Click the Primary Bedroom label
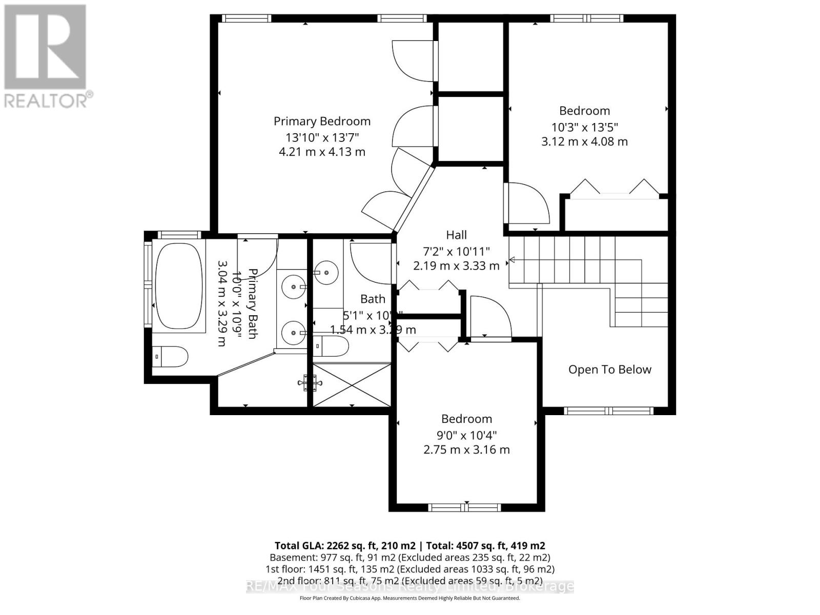point(322,121)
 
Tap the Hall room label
point(456,235)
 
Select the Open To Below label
point(609,370)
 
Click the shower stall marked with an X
point(352,384)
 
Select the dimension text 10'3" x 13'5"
point(584,127)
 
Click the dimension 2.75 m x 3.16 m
point(466,450)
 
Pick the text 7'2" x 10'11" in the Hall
point(456,252)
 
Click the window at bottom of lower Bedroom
point(465,507)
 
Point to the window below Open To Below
point(609,411)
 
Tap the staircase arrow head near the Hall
point(511,260)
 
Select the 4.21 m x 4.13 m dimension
point(322,152)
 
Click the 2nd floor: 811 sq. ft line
point(410,581)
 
